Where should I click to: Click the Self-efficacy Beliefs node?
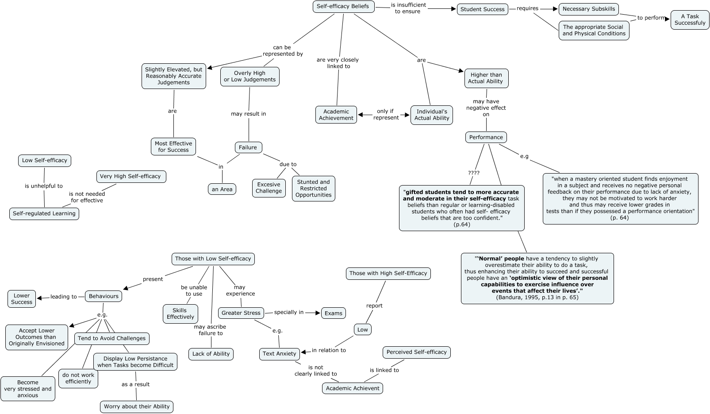point(343,7)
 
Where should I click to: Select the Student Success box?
point(482,9)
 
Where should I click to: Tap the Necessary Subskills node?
point(588,9)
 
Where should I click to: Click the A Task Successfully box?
point(690,20)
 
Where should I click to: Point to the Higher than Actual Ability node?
point(486,78)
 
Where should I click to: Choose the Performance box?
point(486,137)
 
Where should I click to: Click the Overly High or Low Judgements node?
point(249,77)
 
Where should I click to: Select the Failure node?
point(248,147)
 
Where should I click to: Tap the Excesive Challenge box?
point(269,188)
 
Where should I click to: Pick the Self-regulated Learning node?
point(44,213)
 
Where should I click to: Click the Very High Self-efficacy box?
point(130,176)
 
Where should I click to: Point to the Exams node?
point(333,313)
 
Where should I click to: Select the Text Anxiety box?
point(279,354)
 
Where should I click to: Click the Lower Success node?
point(22,299)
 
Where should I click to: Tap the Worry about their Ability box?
point(137,406)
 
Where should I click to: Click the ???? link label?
point(473,173)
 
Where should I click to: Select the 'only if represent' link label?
point(385,115)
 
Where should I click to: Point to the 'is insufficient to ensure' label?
point(408,8)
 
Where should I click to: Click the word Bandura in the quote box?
point(510,298)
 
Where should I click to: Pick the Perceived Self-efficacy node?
point(416,352)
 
